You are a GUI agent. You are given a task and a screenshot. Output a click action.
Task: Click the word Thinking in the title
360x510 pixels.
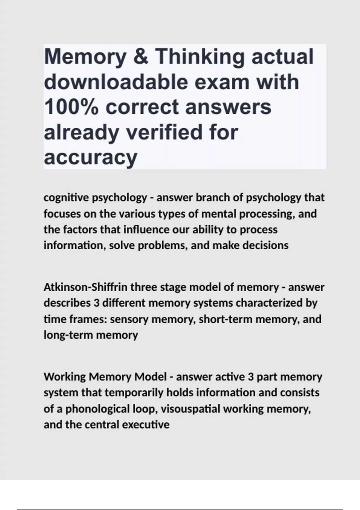pos(199,57)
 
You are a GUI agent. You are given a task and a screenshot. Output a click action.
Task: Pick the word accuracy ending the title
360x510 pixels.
pos(90,157)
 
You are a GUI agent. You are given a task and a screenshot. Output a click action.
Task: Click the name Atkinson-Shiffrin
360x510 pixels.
pos(85,287)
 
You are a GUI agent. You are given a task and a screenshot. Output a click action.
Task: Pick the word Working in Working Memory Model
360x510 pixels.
pos(65,376)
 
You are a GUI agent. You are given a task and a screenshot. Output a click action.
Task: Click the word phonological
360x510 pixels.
pos(98,409)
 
